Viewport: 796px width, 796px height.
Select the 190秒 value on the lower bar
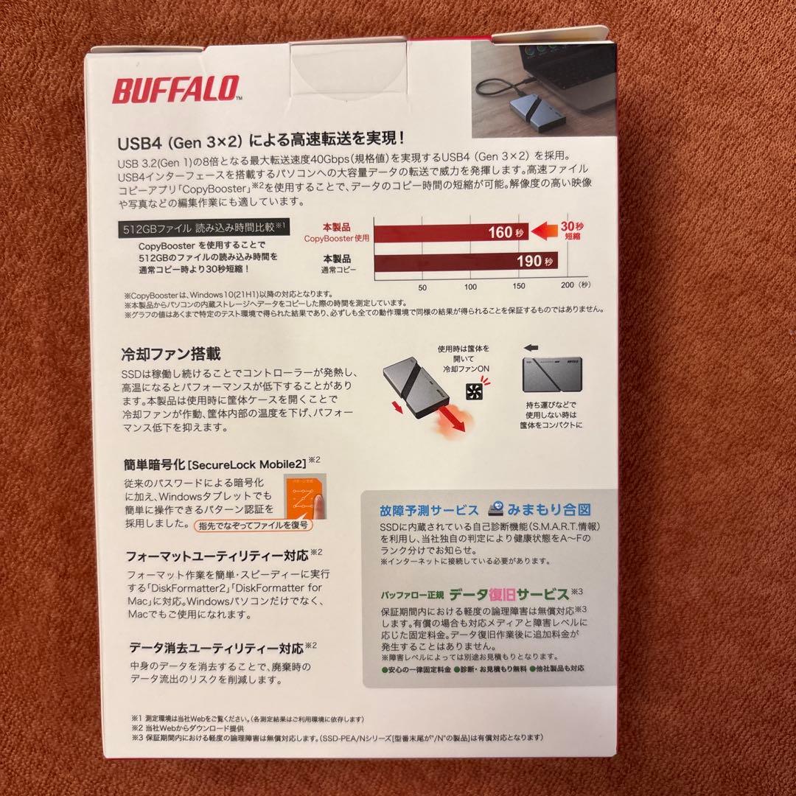(x=531, y=262)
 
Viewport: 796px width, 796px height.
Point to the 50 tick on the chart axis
(x=422, y=287)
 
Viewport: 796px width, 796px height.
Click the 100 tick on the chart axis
(x=469, y=287)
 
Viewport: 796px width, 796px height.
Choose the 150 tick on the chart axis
(x=518, y=287)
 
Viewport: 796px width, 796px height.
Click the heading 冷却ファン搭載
(x=170, y=355)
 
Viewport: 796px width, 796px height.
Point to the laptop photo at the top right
(x=544, y=88)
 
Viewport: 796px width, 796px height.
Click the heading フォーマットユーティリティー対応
(x=217, y=554)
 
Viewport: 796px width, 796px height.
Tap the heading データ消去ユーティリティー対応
(x=216, y=649)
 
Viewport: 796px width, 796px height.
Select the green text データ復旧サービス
(x=509, y=593)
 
